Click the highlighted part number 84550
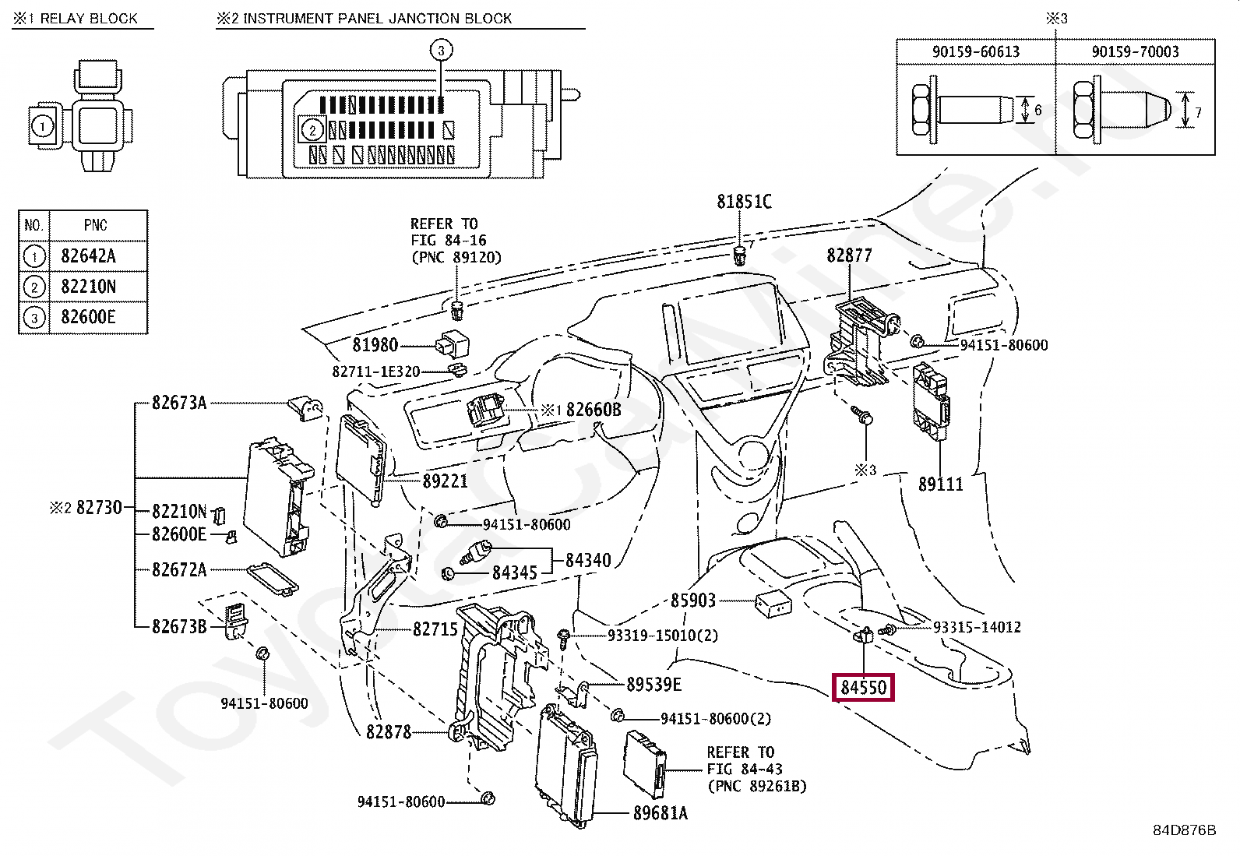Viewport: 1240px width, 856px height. pos(863,687)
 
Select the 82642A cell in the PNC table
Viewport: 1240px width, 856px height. pos(88,255)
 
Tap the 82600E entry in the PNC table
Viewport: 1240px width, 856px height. pos(88,317)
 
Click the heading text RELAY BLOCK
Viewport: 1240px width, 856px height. pos(89,18)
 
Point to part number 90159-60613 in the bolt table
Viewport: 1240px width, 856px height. pos(975,51)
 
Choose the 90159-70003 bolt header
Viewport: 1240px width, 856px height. pos(1135,51)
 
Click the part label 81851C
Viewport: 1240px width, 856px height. pos(744,202)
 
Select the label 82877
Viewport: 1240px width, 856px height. pos(849,255)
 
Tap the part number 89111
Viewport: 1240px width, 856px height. pos(941,484)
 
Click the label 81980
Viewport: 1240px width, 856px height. pos(375,345)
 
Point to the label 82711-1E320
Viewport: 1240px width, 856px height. pos(376,372)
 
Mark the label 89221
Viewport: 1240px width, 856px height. pos(445,481)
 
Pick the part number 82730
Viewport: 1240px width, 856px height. pos(99,507)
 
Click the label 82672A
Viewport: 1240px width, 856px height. pos(179,569)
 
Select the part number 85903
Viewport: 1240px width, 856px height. pos(693,601)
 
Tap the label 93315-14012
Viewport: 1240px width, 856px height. pos(977,627)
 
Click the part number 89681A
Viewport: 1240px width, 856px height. pos(661,813)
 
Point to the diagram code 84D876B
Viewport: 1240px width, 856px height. pos(1184,830)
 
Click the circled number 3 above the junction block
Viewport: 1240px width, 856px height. pos(441,51)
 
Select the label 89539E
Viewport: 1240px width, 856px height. pos(653,685)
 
